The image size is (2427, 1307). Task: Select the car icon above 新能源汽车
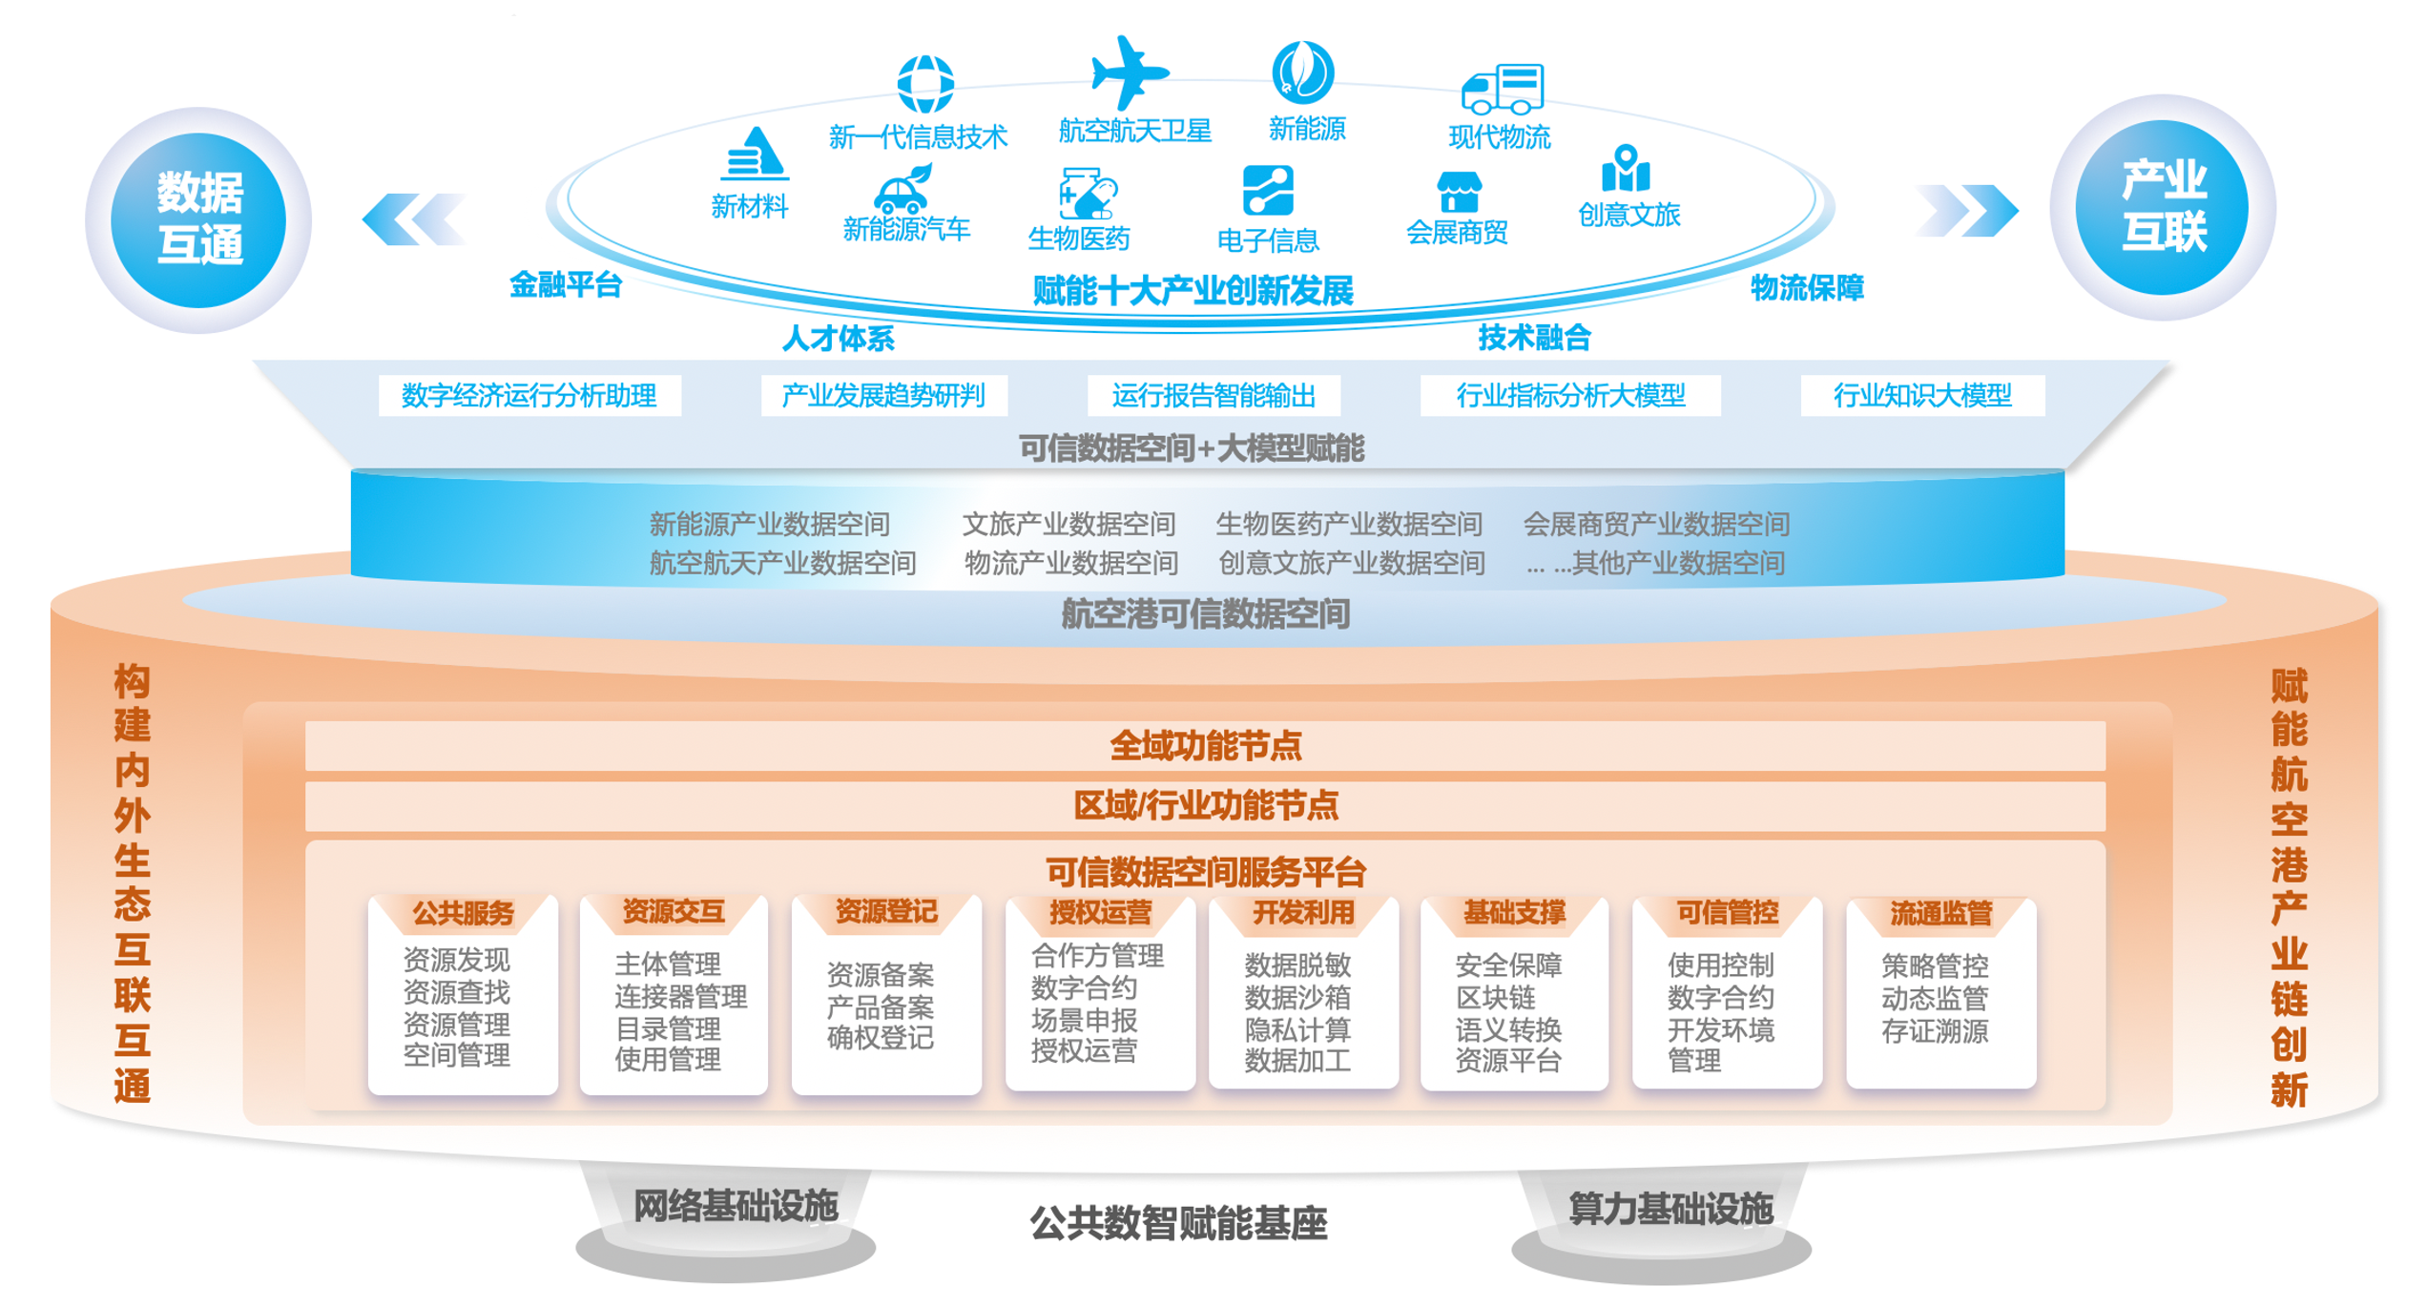tap(902, 190)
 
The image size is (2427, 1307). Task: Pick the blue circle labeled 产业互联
tap(2162, 207)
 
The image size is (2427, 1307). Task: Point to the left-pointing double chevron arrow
tap(414, 219)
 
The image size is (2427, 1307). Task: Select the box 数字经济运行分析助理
tap(529, 395)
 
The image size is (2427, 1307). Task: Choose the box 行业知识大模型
tap(1921, 395)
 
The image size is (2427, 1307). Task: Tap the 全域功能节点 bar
tap(1204, 746)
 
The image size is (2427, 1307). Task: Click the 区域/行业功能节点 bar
tap(1204, 806)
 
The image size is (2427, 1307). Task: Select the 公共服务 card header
tap(463, 913)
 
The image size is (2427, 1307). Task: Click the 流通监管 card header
tap(1940, 913)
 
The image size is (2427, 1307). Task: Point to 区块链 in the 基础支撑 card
tap(1495, 998)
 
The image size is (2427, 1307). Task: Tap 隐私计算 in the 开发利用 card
tap(1297, 1029)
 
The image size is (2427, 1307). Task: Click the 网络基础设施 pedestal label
tap(735, 1207)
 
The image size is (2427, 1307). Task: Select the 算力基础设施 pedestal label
tap(1670, 1209)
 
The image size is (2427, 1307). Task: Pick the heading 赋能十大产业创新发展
tap(1193, 290)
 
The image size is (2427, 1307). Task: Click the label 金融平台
tap(565, 284)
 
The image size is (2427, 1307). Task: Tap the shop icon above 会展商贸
tap(1459, 193)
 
